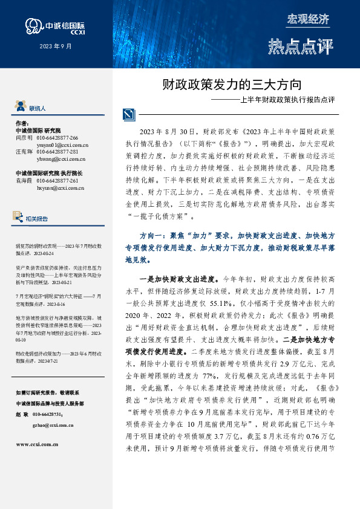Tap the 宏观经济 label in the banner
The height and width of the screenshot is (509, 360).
click(x=307, y=18)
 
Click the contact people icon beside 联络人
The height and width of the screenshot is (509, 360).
click(x=20, y=106)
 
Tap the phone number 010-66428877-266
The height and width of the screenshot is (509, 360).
click(x=57, y=138)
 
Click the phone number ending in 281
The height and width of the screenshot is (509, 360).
click(x=57, y=152)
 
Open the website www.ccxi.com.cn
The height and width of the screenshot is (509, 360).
click(x=37, y=427)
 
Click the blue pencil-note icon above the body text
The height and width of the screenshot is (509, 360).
click(x=129, y=114)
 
